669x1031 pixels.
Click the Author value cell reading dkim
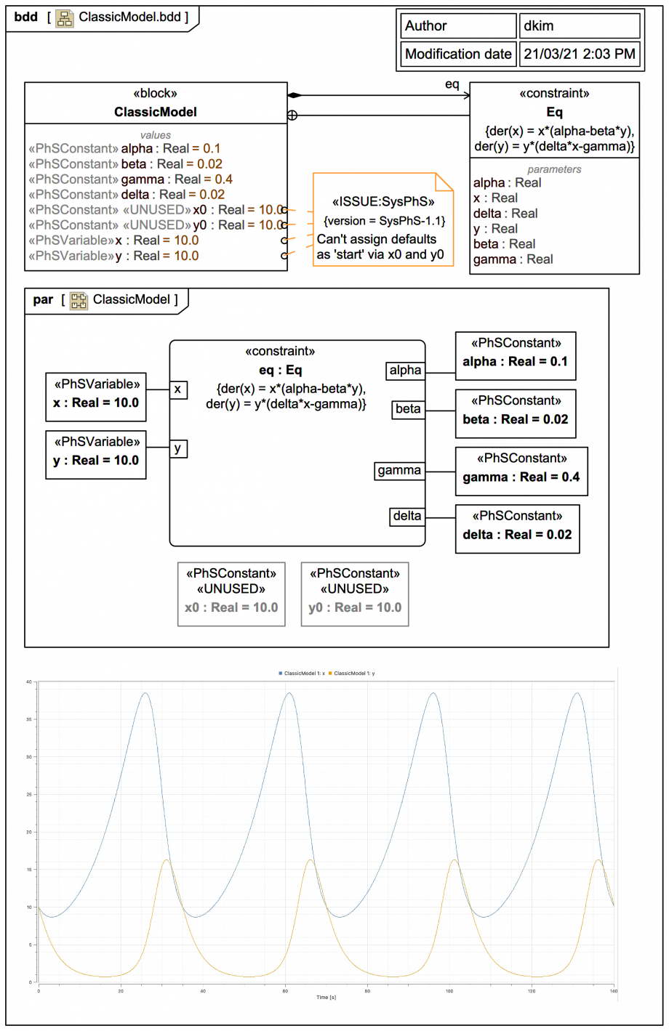point(580,26)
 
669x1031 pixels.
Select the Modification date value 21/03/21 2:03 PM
point(580,54)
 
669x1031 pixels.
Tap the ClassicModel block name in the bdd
point(156,112)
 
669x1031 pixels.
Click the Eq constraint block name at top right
point(554,112)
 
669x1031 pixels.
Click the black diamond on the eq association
point(294,95)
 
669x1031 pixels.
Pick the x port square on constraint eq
point(178,389)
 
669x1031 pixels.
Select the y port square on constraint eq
point(178,448)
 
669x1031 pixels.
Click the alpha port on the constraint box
point(405,371)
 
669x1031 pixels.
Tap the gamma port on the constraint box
point(399,471)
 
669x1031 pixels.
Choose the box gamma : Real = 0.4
point(521,471)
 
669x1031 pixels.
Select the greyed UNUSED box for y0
point(355,594)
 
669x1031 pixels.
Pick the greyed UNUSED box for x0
point(231,594)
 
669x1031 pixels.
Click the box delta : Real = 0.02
point(517,528)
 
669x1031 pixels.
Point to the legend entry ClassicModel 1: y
point(353,674)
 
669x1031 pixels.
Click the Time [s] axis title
point(326,997)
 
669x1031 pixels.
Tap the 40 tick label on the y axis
point(29,682)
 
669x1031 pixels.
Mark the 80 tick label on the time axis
point(367,990)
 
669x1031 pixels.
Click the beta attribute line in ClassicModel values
point(125,164)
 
